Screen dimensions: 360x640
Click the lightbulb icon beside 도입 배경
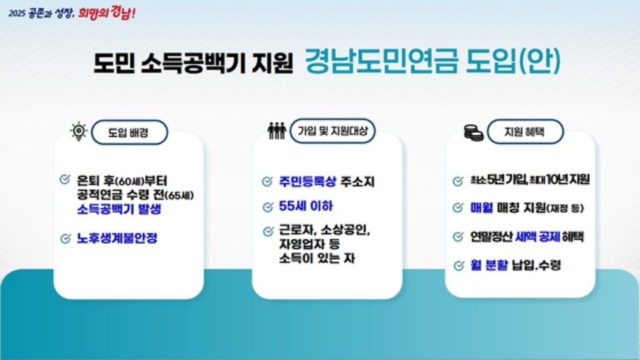[78, 131]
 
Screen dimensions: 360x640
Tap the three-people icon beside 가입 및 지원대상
[276, 131]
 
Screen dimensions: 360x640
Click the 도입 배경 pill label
[129, 132]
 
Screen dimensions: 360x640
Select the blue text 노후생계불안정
[117, 238]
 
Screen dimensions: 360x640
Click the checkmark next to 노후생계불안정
[64, 238]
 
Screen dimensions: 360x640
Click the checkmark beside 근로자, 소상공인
[267, 231]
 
